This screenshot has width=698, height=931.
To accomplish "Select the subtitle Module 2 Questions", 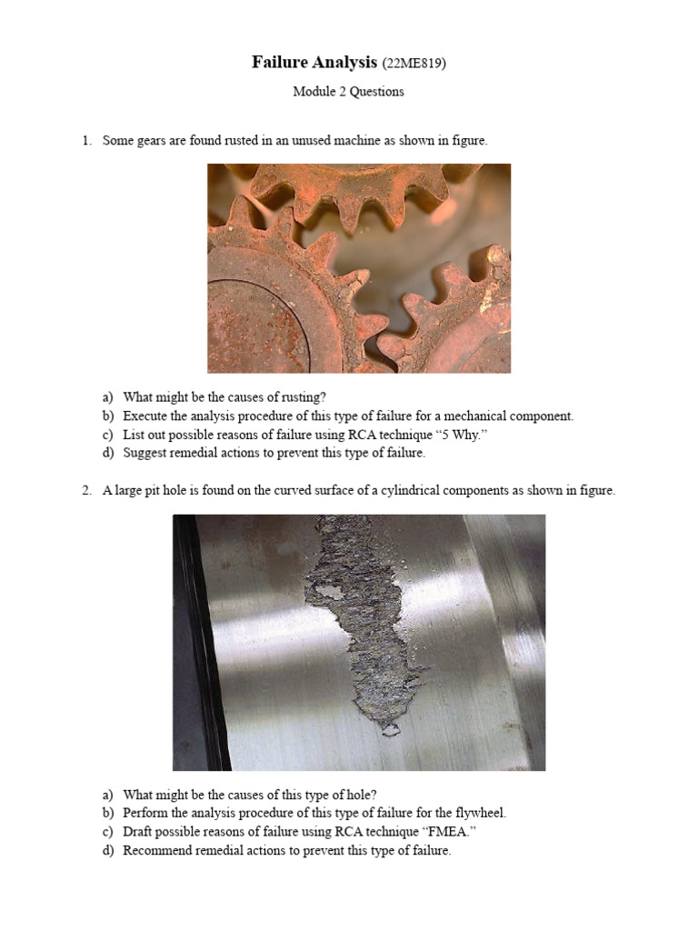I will [x=348, y=92].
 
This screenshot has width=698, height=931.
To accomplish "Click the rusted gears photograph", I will [x=359, y=268].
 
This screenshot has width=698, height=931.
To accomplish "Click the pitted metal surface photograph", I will [x=359, y=642].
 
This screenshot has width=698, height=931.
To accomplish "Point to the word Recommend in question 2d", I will [x=155, y=851].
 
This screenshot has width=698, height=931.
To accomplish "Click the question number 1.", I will [x=86, y=141].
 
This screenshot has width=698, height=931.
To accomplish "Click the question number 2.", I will [x=86, y=490].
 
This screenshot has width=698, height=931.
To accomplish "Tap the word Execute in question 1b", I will [x=144, y=416].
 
